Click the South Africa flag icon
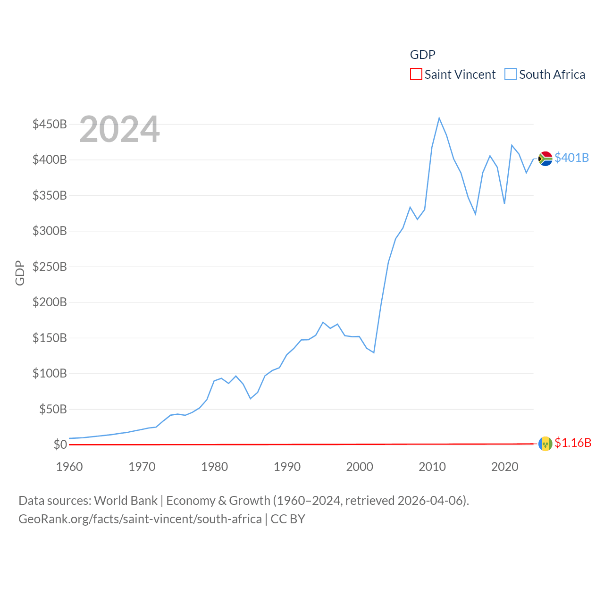545,159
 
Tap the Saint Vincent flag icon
545,444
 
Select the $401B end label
571,158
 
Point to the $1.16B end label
573,443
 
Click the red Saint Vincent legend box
416,75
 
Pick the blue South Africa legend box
511,75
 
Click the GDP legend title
422,55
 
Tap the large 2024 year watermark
119,129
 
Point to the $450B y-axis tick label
50,124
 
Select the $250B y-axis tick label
50,267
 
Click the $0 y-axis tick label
60,445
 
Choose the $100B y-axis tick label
50,373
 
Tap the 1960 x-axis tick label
69,467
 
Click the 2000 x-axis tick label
360,467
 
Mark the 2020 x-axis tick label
504,467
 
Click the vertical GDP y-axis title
20,273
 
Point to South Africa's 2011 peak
439,118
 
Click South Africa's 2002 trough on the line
374,352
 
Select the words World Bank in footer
126,500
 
